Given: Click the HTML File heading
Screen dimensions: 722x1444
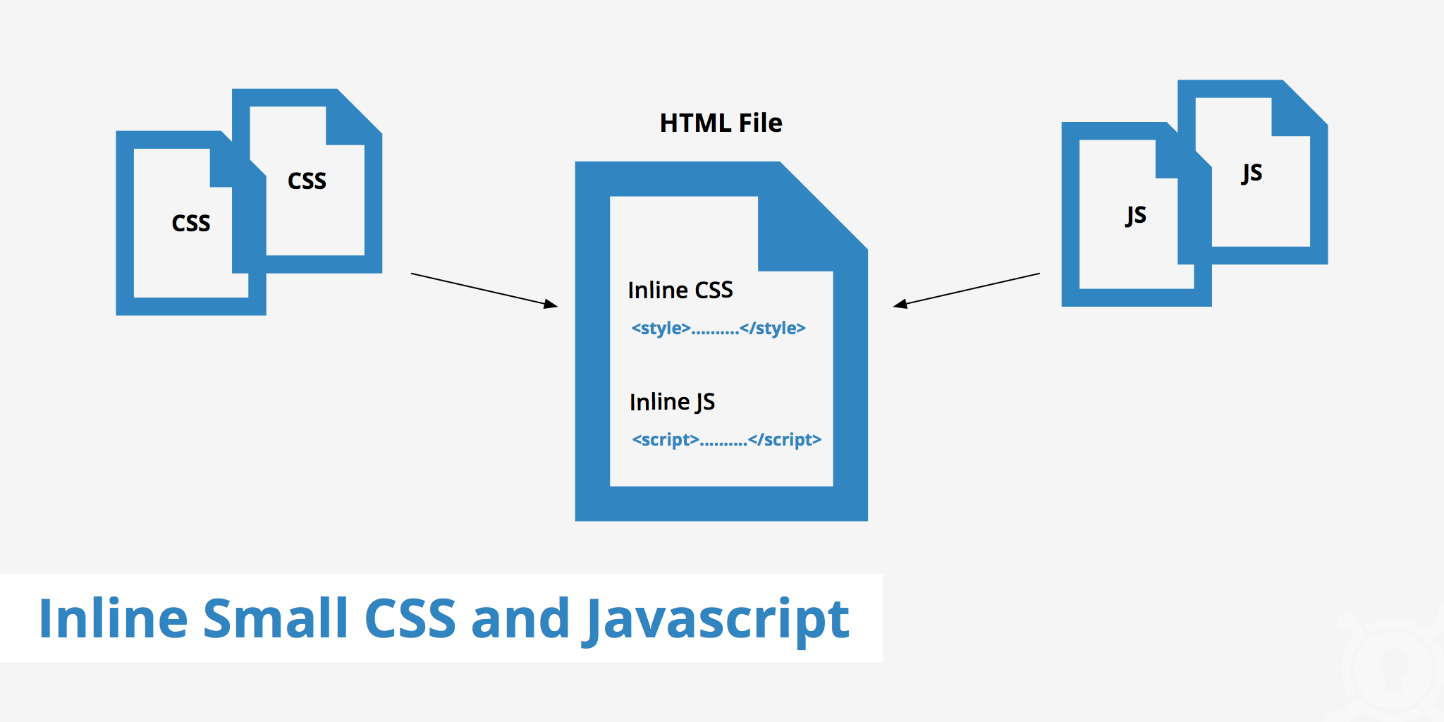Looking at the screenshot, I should pos(721,123).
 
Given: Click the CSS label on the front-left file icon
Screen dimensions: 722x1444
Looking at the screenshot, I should pos(190,223).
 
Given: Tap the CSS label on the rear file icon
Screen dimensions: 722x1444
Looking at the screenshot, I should pos(307,180).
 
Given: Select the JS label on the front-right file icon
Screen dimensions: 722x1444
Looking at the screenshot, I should pos(1135,215).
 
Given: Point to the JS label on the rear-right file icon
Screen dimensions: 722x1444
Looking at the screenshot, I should pos(1252,173).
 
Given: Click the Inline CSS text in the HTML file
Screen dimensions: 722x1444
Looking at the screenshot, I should pos(680,290).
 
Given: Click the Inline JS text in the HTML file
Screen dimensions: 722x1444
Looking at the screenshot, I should pos(672,402).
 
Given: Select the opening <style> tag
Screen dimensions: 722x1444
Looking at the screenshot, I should pos(661,329).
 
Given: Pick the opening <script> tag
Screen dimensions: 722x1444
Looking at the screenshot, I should pos(665,440).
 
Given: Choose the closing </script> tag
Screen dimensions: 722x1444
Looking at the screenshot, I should pos(785,440).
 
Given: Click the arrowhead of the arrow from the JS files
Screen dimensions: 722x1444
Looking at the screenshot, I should pos(900,305).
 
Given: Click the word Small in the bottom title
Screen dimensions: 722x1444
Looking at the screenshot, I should pos(276,619).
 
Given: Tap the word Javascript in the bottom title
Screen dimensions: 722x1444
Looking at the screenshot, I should pos(718,619).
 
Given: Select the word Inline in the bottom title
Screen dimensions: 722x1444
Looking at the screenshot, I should pos(113,619).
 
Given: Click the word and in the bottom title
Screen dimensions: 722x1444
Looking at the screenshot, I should pos(520,619).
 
